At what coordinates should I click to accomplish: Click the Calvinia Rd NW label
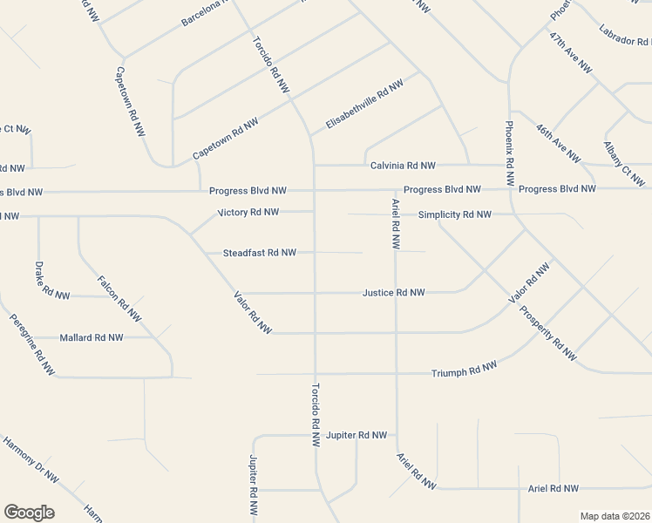click(x=402, y=166)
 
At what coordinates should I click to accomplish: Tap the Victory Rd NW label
click(x=248, y=212)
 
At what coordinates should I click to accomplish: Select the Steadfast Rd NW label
click(x=260, y=253)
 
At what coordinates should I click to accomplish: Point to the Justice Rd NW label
click(x=393, y=293)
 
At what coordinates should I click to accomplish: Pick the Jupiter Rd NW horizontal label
click(x=356, y=434)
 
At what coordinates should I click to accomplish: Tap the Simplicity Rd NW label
click(x=454, y=214)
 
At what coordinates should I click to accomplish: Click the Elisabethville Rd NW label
click(x=363, y=106)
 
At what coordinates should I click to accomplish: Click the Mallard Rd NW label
click(x=92, y=337)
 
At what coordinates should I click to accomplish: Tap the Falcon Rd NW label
click(x=119, y=298)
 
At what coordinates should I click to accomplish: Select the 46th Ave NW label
click(x=559, y=143)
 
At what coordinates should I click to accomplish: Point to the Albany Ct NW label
click(x=624, y=164)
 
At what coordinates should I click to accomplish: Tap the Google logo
click(x=29, y=513)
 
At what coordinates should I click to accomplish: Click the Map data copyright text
click(x=615, y=516)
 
